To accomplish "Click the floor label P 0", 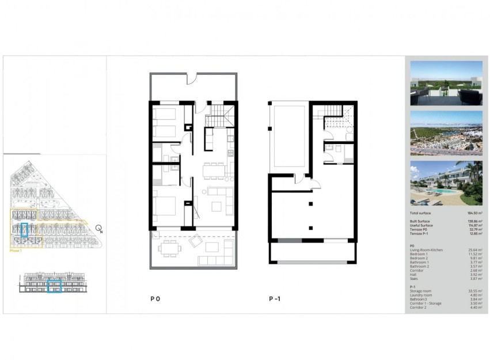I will click(155, 300).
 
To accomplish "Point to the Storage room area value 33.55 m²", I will click(474, 291).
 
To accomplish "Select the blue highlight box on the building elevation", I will click(55, 286).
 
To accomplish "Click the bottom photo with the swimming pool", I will click(446, 183).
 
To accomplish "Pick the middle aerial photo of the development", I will click(446, 133).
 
